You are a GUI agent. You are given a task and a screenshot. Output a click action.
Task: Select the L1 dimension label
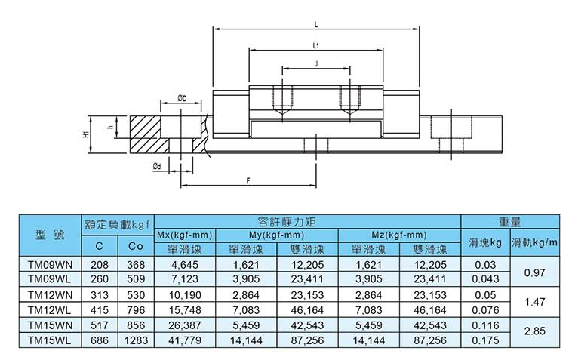click(x=315, y=46)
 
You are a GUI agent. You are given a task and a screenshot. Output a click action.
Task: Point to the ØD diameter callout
click(x=182, y=98)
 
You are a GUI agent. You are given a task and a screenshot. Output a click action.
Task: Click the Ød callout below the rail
click(x=156, y=165)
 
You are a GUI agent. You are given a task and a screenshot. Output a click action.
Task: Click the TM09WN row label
click(x=49, y=265)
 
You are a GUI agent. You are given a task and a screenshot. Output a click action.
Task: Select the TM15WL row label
click(x=49, y=340)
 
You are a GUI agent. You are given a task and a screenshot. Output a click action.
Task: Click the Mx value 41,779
click(x=185, y=340)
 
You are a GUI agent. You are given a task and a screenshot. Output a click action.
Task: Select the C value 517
click(x=99, y=325)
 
